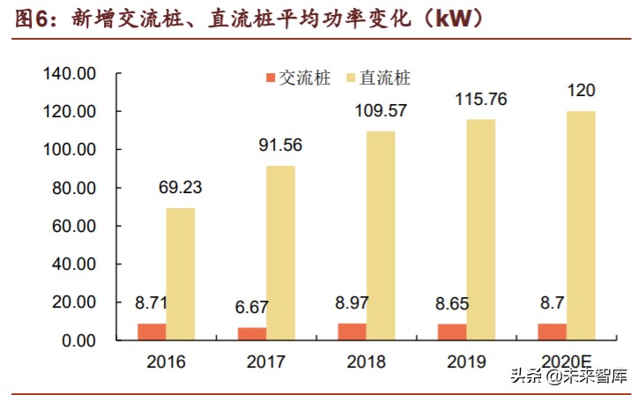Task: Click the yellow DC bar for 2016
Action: [180, 274]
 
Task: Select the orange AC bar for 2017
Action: [252, 334]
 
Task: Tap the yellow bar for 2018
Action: [381, 235]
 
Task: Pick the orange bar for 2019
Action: [454, 332]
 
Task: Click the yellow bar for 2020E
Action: [581, 226]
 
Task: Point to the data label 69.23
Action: [182, 188]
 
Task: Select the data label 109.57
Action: [379, 111]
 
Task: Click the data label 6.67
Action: [252, 308]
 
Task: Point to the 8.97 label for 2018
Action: [353, 304]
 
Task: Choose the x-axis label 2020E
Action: [566, 362]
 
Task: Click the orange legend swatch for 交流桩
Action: [270, 78]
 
